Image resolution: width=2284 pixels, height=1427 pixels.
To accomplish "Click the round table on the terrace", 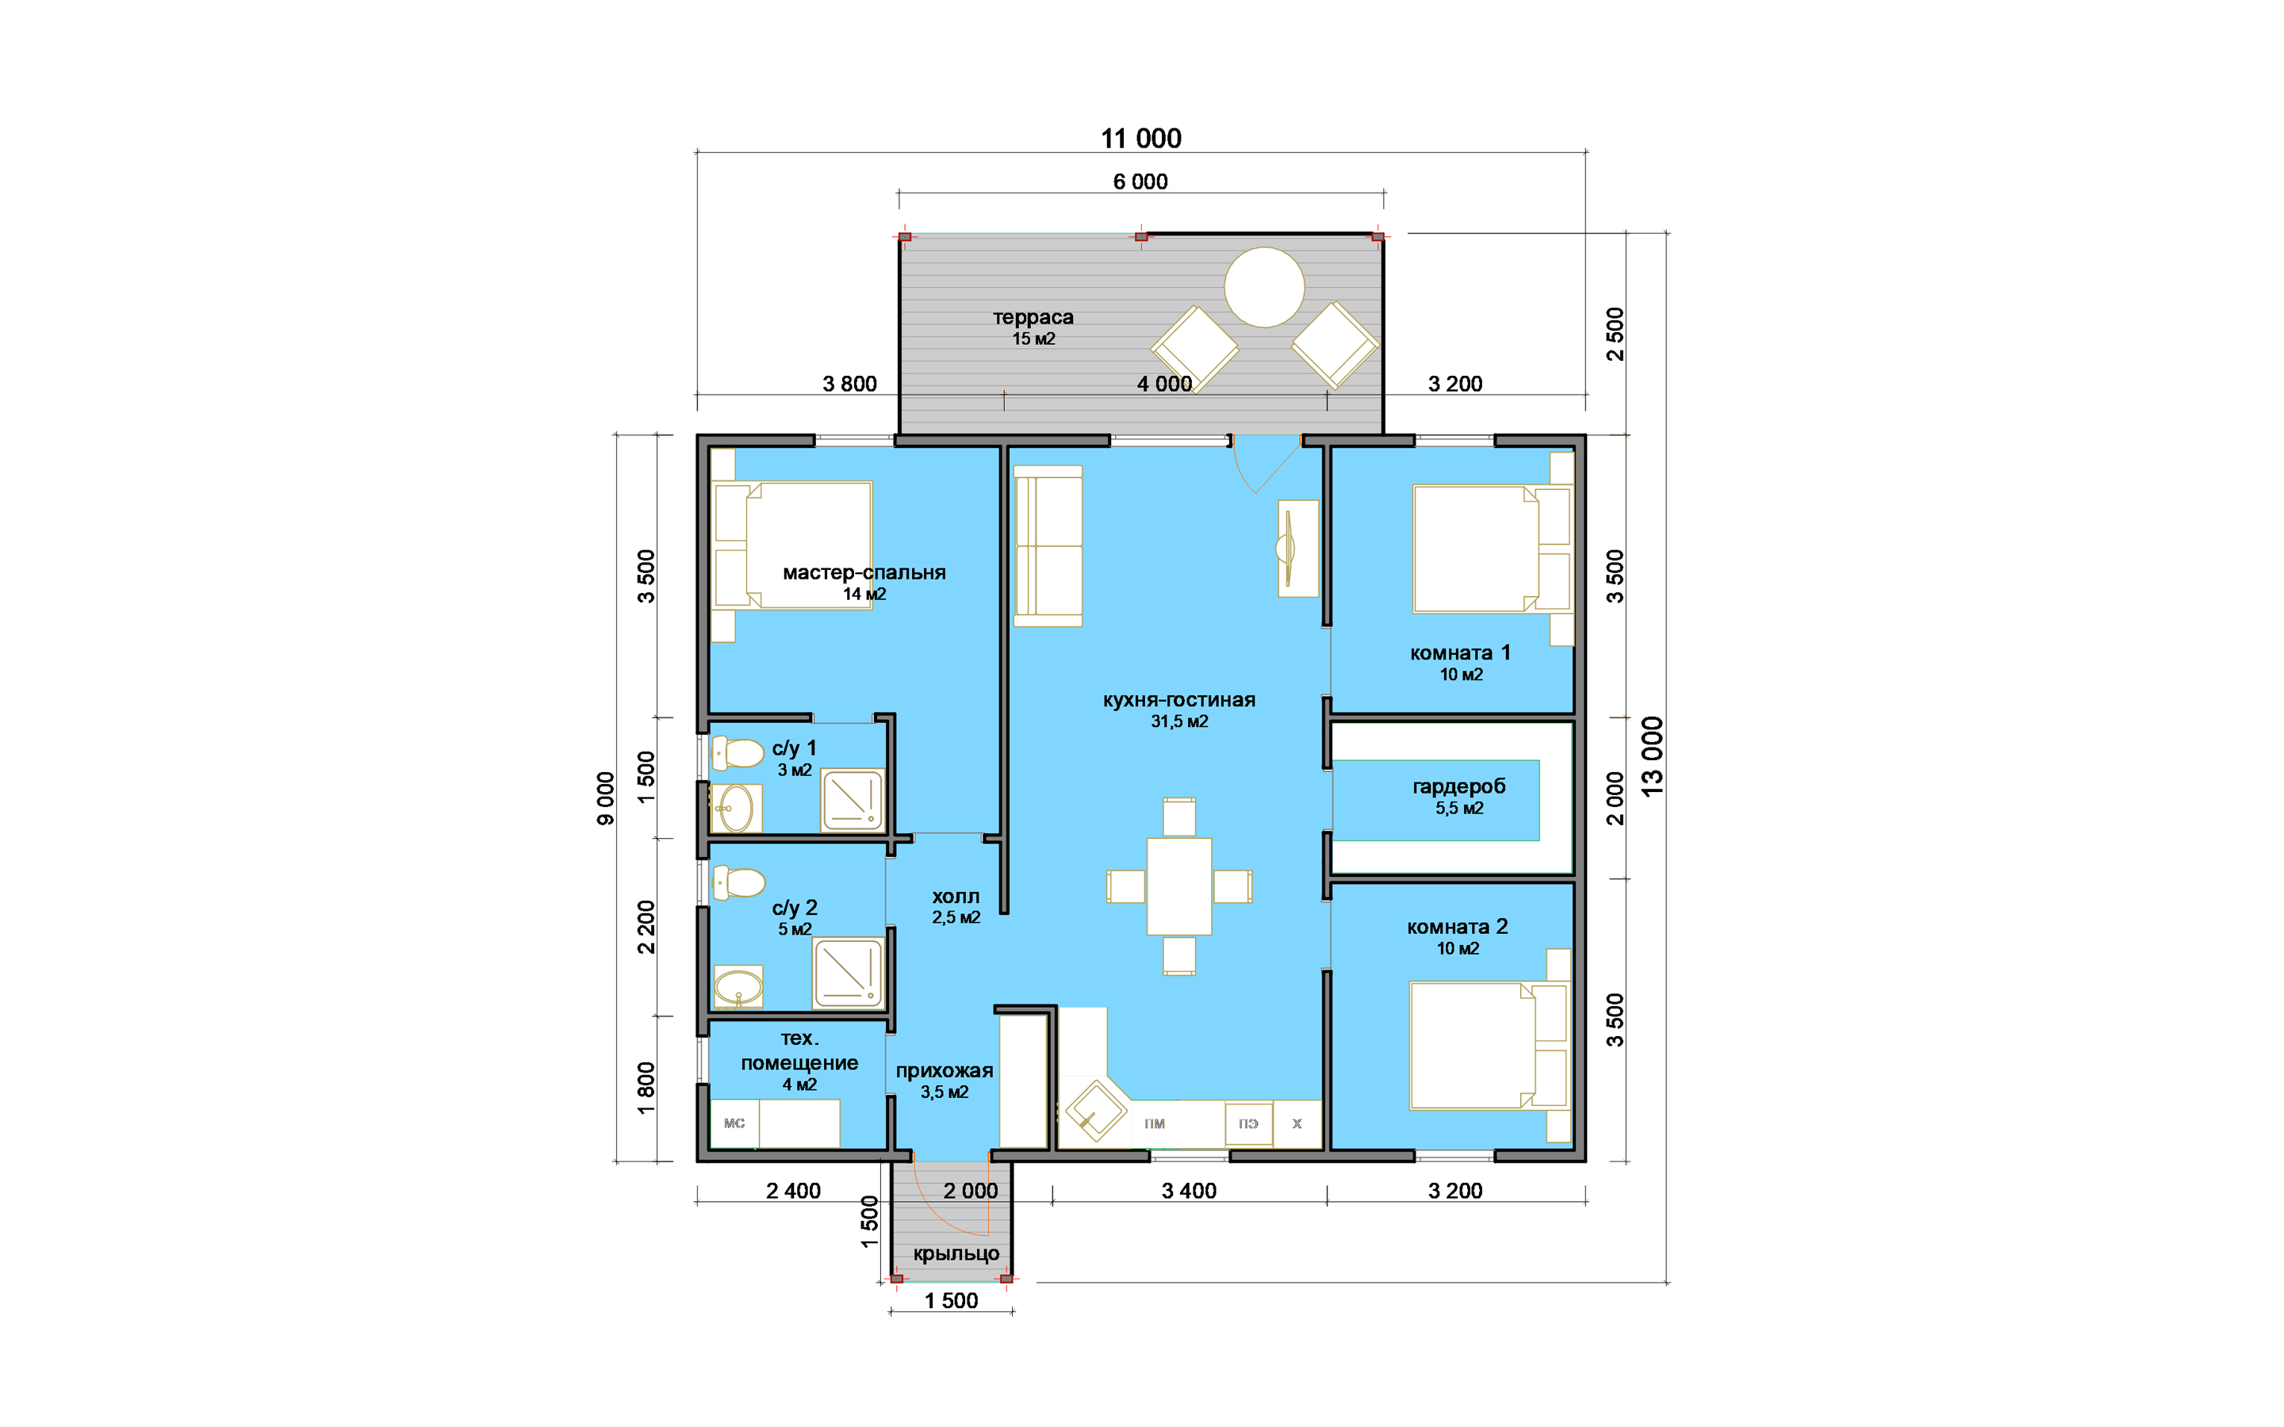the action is point(1264,287).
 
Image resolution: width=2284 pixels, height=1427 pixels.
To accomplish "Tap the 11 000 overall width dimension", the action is point(1141,139).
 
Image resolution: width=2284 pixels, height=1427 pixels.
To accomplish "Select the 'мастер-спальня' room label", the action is point(864,572).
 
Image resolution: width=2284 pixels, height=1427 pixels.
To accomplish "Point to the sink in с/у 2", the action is point(738,987).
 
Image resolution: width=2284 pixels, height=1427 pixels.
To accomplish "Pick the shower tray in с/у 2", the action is point(849,973).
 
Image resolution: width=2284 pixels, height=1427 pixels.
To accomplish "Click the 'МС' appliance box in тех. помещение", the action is point(734,1123).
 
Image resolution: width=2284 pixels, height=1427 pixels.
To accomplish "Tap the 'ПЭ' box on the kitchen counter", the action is point(1248,1123).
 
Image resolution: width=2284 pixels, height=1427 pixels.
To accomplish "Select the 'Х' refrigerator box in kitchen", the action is point(1297,1123).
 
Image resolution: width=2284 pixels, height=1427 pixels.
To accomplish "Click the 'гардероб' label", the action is point(1459,786).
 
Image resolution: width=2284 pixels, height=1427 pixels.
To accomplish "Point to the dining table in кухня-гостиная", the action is point(1178,886).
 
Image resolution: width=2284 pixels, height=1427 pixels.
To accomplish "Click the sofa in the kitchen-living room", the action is point(1048,545).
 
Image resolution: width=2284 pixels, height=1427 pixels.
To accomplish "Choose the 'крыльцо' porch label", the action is point(956,1253).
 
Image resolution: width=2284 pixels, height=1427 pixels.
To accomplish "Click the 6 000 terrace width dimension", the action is point(1140,182).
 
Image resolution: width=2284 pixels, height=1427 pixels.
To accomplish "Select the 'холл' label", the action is point(956,896).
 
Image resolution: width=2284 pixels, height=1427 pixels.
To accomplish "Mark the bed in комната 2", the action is point(1489,1046).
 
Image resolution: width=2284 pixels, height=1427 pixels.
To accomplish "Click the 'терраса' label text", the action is point(1033,318).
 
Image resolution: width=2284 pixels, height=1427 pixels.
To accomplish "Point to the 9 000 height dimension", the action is point(606,798).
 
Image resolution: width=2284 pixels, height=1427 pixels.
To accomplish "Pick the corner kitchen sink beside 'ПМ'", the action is point(1094,1111).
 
